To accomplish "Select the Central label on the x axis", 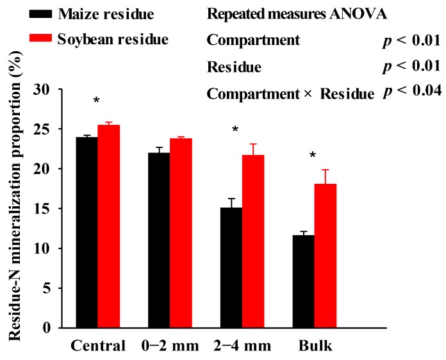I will [x=97, y=347].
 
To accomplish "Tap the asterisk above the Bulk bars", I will [x=313, y=156].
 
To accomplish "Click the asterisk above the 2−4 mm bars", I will [x=235, y=130].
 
